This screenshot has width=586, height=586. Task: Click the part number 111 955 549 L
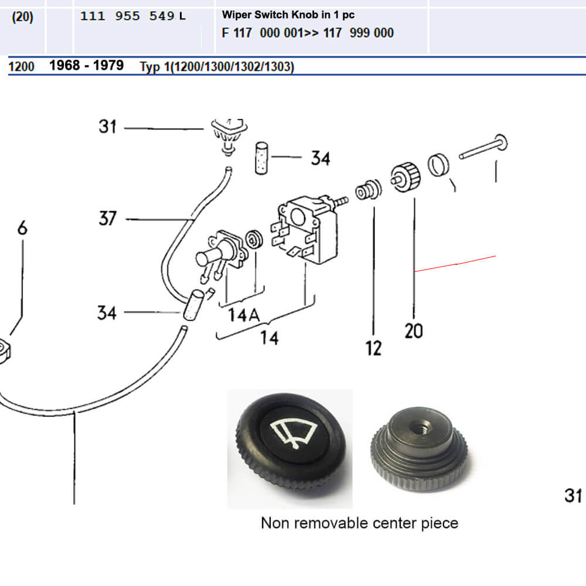[x=132, y=16]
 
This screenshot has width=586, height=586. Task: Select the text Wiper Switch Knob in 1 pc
[x=288, y=15]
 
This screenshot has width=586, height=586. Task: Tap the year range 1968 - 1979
[x=86, y=65]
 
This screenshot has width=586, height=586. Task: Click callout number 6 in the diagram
[x=22, y=228]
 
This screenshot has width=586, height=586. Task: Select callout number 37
[x=108, y=219]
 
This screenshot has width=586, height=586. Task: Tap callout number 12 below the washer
[x=373, y=347]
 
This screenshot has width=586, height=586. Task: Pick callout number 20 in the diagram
[x=413, y=331]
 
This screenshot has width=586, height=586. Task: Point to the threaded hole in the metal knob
[x=420, y=425]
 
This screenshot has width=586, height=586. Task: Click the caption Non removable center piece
[x=359, y=523]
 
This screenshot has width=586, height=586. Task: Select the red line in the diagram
[x=455, y=264]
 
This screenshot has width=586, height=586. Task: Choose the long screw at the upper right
[x=484, y=149]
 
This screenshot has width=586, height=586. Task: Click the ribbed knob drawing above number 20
[x=406, y=175]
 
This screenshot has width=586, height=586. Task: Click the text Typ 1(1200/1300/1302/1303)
[x=217, y=67]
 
